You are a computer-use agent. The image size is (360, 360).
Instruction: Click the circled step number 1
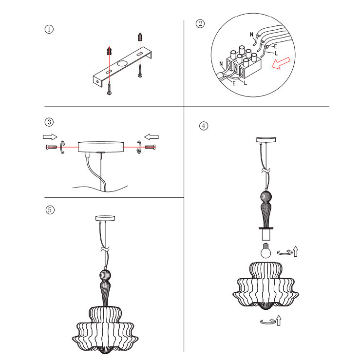click(49, 29)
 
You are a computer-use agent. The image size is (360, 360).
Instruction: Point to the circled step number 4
click(204, 126)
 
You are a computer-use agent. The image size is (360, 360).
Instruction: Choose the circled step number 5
click(49, 210)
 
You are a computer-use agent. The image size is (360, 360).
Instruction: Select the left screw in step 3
click(50, 146)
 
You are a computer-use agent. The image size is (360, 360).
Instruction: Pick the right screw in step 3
click(151, 146)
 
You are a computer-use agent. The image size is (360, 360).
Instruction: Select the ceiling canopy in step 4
click(266, 140)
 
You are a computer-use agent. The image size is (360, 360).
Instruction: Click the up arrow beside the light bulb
click(296, 251)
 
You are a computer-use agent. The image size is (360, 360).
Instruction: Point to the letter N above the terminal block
click(251, 34)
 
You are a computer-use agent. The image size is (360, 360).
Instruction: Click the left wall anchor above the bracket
click(110, 50)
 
